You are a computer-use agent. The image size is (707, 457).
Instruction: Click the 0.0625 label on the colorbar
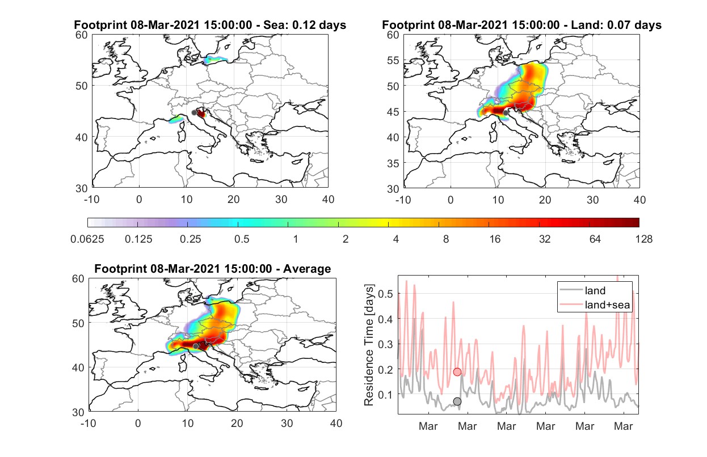click(x=87, y=239)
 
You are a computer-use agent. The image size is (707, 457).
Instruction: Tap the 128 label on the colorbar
click(x=643, y=239)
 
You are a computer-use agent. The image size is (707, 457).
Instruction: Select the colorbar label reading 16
click(x=495, y=239)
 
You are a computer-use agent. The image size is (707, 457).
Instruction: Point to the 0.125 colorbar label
click(x=138, y=239)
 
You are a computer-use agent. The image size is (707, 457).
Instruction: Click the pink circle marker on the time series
click(x=457, y=372)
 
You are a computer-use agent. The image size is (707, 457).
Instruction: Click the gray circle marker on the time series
click(x=457, y=401)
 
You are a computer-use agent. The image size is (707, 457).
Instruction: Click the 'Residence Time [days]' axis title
click(x=369, y=345)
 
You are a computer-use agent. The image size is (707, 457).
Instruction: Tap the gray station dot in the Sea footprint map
click(x=194, y=113)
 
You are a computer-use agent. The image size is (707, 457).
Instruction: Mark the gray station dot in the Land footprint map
click(x=506, y=113)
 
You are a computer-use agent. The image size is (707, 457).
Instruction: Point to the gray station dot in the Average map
click(x=196, y=346)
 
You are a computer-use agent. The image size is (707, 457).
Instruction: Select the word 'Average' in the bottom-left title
click(x=307, y=269)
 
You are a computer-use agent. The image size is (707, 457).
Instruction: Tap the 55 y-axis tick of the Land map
click(x=393, y=60)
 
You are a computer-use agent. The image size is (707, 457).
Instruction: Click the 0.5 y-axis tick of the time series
click(x=385, y=294)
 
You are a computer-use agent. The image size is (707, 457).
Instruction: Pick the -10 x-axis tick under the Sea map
click(x=91, y=200)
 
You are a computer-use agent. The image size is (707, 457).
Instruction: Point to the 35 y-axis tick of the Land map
click(x=393, y=163)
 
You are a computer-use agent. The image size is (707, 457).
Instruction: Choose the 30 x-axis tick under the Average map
click(x=287, y=423)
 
